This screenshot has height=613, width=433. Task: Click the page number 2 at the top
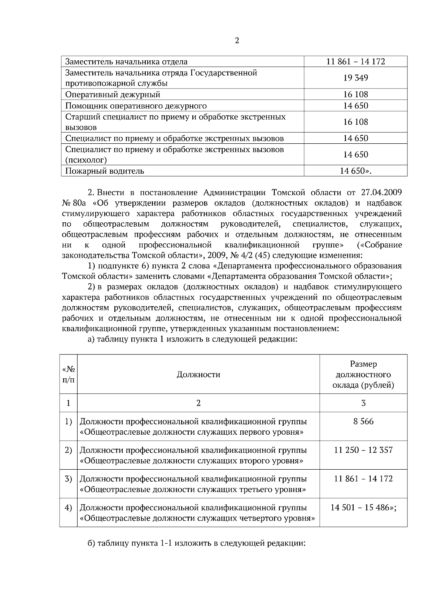click(237, 40)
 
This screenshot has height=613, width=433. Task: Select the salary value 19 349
click(355, 78)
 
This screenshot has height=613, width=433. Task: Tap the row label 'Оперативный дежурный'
click(113, 95)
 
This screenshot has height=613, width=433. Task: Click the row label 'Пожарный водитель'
click(105, 171)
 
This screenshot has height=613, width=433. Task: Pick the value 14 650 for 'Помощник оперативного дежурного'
click(355, 106)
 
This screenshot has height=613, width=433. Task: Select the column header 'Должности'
click(198, 374)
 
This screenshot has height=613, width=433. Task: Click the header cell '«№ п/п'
click(69, 374)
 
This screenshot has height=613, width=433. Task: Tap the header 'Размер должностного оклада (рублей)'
click(363, 374)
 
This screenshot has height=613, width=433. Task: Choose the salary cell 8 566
click(363, 421)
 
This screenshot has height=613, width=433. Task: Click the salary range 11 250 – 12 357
click(363, 450)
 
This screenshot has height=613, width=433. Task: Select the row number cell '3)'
click(69, 479)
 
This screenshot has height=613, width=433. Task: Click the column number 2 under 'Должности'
click(198, 403)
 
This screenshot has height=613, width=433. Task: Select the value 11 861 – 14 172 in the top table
click(355, 62)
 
